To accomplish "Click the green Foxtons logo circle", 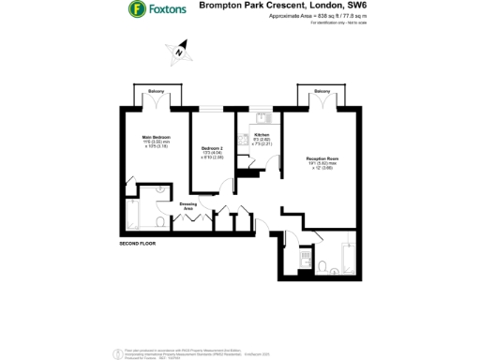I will tap(136, 10).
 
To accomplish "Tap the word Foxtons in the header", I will tap(166, 10).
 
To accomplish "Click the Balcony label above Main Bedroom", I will tap(154, 91).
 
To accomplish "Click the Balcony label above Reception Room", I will tap(322, 91).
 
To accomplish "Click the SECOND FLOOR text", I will tap(138, 244).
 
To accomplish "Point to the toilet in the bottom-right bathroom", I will tap(322, 266).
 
